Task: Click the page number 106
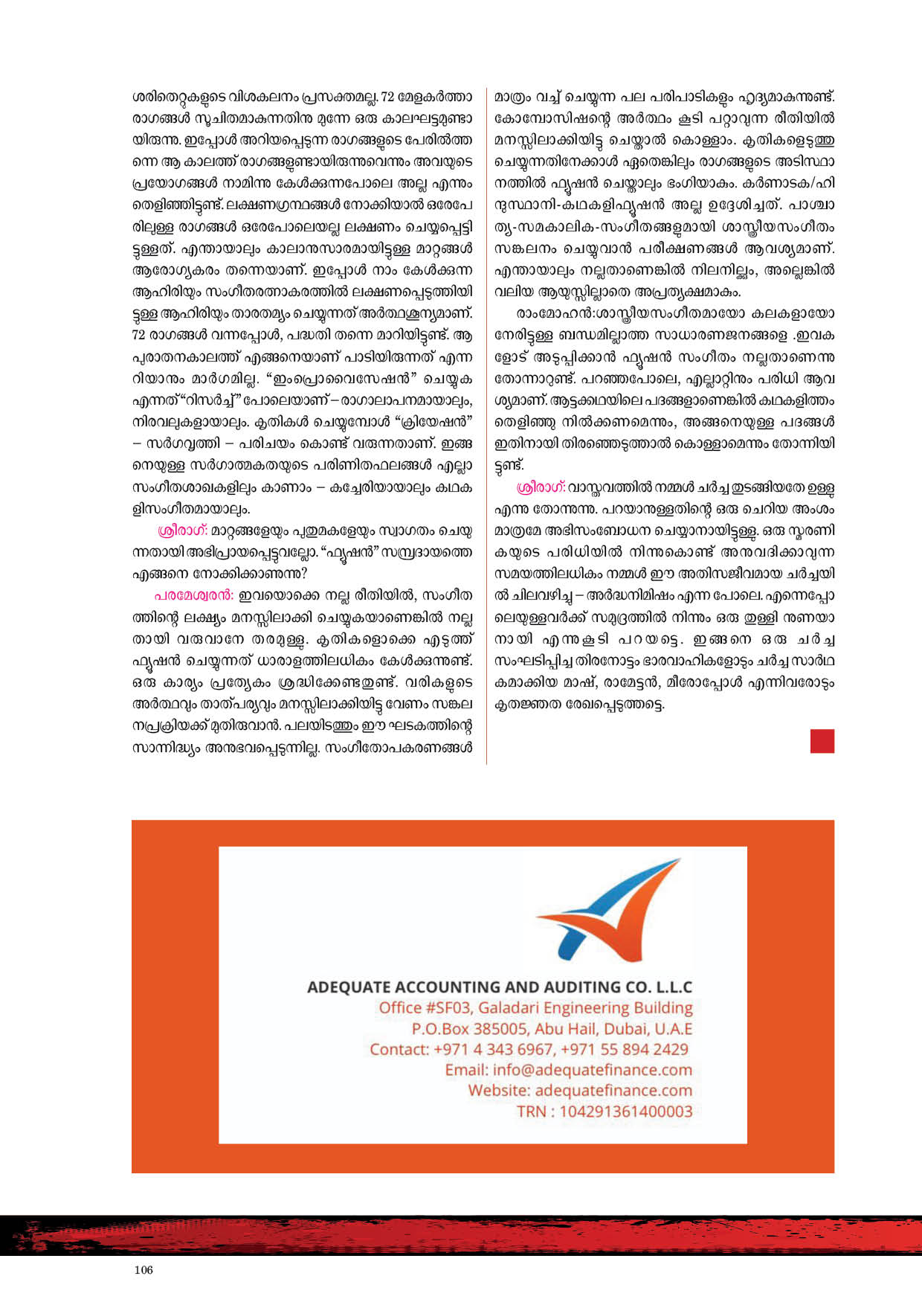click(x=144, y=1269)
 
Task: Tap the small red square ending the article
click(x=822, y=741)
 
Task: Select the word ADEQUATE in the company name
click(x=348, y=987)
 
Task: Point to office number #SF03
click(x=448, y=1008)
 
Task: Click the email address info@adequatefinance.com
click(x=592, y=1070)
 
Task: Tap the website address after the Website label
click(x=613, y=1091)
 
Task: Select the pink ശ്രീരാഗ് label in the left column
click(x=183, y=530)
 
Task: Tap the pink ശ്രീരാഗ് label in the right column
click(x=541, y=487)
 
